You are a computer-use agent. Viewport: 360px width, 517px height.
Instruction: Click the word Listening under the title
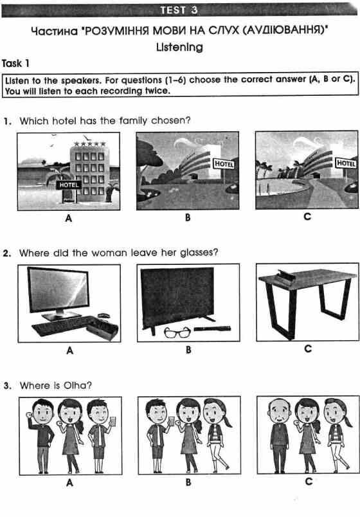(179, 47)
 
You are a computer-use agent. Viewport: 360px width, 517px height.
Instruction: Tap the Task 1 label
(16, 63)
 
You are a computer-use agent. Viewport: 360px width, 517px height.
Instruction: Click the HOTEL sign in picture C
(346, 164)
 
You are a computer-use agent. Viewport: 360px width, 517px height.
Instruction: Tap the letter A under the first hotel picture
(68, 218)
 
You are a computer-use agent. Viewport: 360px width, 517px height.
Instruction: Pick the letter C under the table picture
(307, 349)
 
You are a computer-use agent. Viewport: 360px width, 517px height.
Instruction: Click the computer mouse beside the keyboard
(103, 316)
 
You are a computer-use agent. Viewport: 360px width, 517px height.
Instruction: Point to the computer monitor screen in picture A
(58, 289)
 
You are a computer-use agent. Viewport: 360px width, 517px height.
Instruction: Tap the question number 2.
(6, 253)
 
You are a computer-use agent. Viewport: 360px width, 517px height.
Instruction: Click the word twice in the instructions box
(156, 91)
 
